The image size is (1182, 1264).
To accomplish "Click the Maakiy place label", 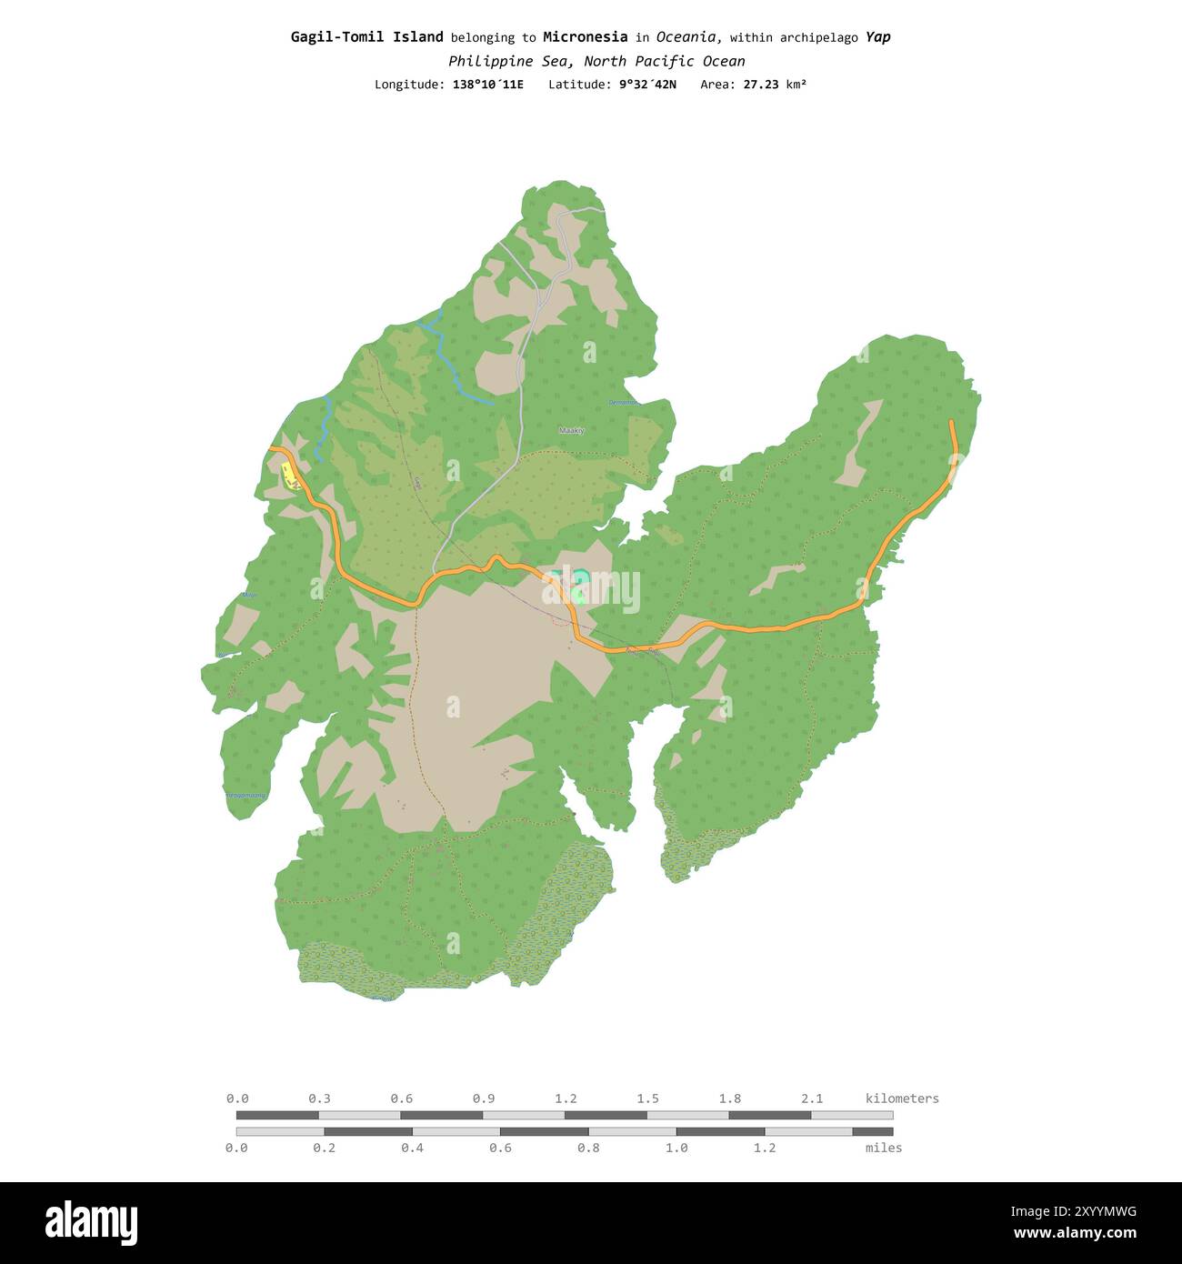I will pyautogui.click(x=571, y=430).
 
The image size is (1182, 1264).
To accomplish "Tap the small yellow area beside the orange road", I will pyautogui.click(x=290, y=476).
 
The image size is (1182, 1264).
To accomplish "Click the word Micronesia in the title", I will pyautogui.click(x=585, y=37).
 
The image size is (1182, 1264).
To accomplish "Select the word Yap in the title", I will pyautogui.click(x=877, y=37).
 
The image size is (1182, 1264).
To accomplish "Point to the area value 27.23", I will pyautogui.click(x=762, y=85).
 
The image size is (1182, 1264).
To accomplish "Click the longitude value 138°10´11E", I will pyautogui.click(x=487, y=85).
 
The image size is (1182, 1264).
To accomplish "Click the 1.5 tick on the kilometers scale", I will pyautogui.click(x=647, y=1098).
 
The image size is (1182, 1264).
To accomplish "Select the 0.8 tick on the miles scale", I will pyautogui.click(x=588, y=1148).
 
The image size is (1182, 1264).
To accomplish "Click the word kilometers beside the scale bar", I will pyautogui.click(x=901, y=1098).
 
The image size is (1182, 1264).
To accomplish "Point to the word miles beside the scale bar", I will pyautogui.click(x=883, y=1148).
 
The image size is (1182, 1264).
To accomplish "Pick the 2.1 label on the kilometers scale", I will pyautogui.click(x=811, y=1098).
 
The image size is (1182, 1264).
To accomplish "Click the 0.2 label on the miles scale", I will pyautogui.click(x=324, y=1148).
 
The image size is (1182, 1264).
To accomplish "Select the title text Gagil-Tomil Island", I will pyautogui.click(x=366, y=37).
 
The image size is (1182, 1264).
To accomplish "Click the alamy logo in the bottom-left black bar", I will pyautogui.click(x=91, y=1223).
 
